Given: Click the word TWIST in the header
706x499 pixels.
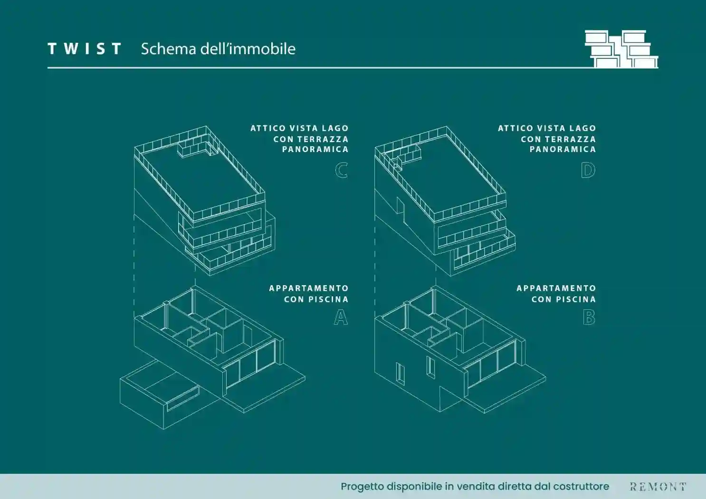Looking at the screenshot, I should point(85,49).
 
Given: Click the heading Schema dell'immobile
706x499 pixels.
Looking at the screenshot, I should point(218,49).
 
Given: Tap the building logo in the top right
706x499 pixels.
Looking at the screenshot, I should point(621,49).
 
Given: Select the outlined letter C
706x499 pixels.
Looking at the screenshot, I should point(341,170).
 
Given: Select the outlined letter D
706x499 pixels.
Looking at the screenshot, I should point(588,170).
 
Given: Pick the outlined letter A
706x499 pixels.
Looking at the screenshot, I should point(341,317).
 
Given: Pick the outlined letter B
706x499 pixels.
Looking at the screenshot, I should point(589,317).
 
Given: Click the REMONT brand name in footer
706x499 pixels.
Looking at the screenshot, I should point(658,487).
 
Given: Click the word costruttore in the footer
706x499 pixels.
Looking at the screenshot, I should point(581,487).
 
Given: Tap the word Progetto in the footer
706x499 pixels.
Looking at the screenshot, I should point(363,487).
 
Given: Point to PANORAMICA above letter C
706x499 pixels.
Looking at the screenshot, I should point(315,149).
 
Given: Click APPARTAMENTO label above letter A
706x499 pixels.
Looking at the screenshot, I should point(308,288).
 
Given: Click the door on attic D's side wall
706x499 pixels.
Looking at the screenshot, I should point(401,209).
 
